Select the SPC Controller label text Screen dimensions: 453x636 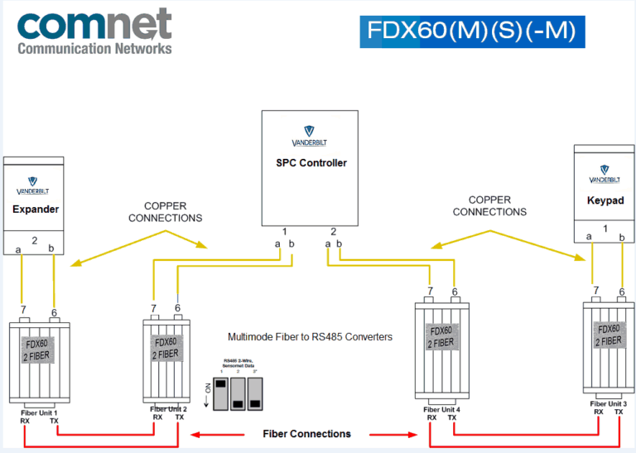click(311, 163)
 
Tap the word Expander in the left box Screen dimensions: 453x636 click(36, 210)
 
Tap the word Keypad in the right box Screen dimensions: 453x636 click(604, 200)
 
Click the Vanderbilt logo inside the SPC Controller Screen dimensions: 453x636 click(311, 133)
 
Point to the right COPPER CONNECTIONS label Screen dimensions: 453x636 click(489, 205)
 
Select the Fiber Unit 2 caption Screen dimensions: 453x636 click(169, 408)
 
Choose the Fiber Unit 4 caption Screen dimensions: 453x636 click(441, 409)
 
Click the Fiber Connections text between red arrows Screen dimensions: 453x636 click(306, 434)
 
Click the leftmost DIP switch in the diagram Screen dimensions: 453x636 click(220, 393)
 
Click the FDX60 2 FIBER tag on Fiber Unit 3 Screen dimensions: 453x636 click(609, 335)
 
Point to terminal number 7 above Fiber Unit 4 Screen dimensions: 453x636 click(430, 291)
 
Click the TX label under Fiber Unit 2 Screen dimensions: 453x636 click(180, 417)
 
